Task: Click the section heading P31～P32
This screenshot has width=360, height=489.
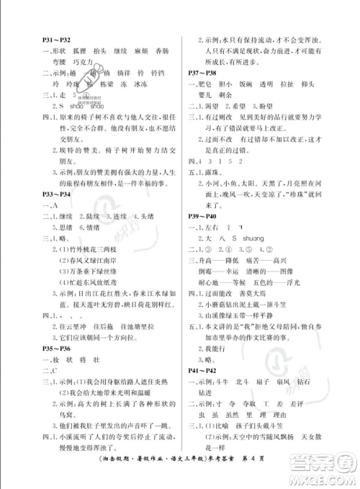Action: click(x=55, y=42)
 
